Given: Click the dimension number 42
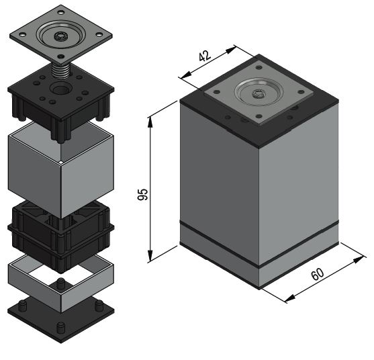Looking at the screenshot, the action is [205, 56].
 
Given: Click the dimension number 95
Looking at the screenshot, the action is [142, 194].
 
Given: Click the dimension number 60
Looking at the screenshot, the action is [318, 274].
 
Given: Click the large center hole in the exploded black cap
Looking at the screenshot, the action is [60, 89].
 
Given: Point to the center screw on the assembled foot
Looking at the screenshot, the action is [259, 93].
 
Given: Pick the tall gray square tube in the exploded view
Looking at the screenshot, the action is [61, 170].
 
